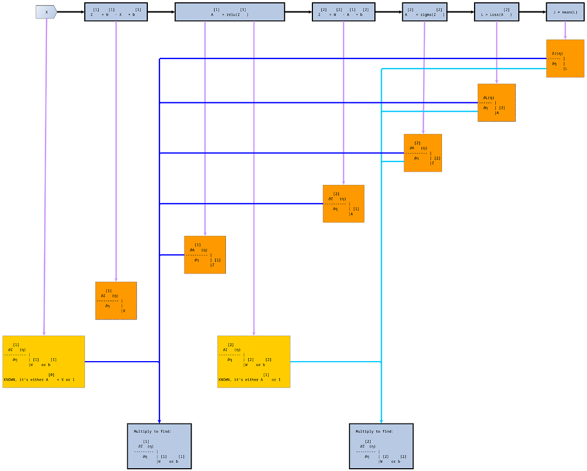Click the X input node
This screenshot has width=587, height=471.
coord(46,12)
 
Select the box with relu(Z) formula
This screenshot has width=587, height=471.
coord(229,12)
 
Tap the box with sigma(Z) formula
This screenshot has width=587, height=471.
coord(424,12)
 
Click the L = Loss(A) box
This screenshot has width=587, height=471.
coord(496,12)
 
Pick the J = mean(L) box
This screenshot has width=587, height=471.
coord(565,12)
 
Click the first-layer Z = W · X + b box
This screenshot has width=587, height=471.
coord(116,12)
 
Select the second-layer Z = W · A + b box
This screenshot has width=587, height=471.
coord(343,12)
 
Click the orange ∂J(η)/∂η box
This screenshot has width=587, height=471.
coord(565,58)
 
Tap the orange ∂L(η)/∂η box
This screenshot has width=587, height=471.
coord(496,103)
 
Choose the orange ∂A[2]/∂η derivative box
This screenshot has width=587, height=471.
coord(422,153)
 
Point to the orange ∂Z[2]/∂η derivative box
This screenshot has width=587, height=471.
coord(343,203)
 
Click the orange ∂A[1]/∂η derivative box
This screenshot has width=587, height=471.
coord(205,255)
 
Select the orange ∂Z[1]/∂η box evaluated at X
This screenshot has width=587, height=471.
coord(116,300)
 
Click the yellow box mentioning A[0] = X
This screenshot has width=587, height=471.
coord(44,362)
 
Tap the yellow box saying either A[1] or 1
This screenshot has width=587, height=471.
coord(253,362)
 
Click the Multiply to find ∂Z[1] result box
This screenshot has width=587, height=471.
coord(159,446)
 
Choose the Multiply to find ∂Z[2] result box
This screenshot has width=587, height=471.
coord(381,446)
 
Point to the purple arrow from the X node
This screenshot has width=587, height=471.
coord(46,172)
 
